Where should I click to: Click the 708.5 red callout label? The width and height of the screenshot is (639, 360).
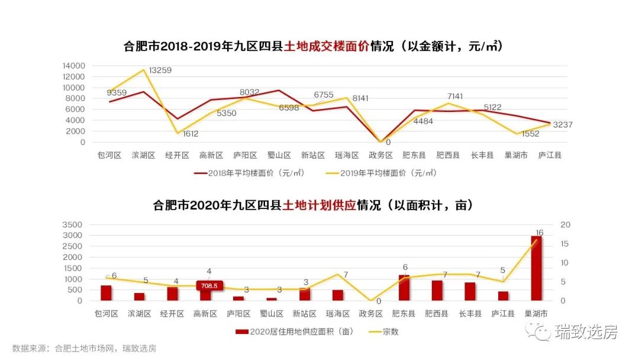pos(209,285)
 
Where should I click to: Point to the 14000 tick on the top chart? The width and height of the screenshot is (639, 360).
pos(75,66)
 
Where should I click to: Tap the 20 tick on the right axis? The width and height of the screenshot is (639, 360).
pos(564,224)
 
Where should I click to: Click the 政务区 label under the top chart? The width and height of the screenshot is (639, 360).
pos(380,155)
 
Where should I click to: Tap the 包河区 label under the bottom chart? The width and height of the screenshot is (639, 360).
pos(106,313)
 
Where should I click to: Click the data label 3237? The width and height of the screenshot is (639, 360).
pos(563,124)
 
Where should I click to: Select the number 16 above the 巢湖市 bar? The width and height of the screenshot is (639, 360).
pos(539,233)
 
